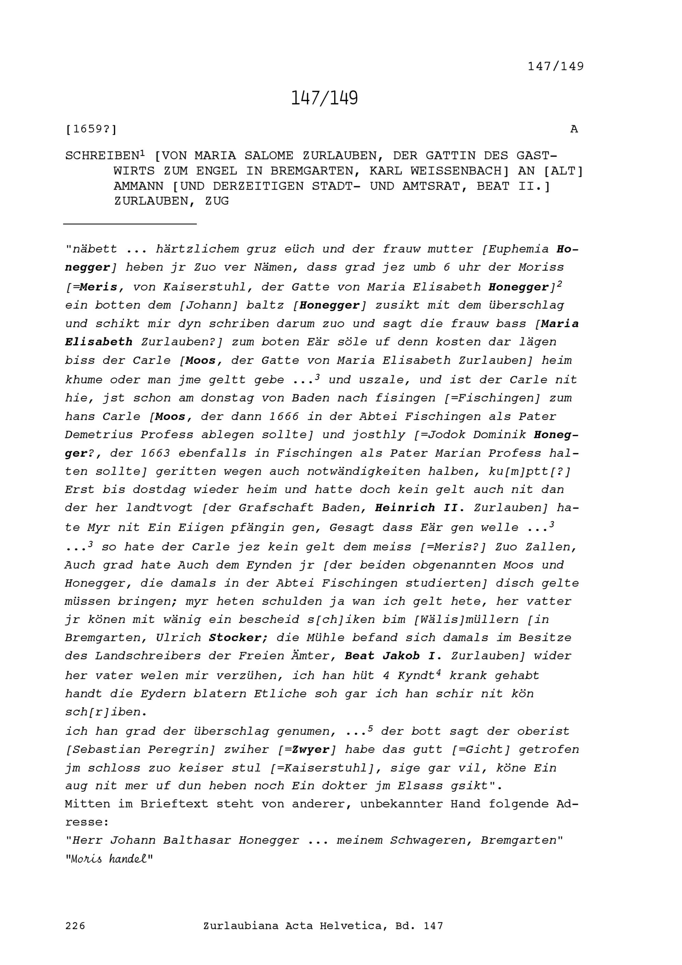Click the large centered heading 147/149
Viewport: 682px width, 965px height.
pos(324,98)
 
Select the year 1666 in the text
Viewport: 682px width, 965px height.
pos(284,416)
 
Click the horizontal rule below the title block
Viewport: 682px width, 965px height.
pos(130,224)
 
